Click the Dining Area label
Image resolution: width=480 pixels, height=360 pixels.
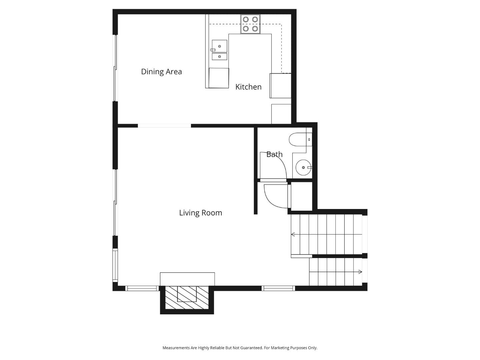161,72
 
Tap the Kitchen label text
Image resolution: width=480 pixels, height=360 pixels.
248,87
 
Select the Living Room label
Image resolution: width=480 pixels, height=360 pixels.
200,213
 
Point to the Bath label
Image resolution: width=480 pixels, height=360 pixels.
274,154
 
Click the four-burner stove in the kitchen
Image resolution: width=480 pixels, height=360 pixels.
250,24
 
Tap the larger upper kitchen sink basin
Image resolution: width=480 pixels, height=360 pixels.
220,46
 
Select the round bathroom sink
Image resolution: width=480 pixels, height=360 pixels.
303,167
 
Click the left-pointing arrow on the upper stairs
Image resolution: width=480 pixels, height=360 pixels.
293,235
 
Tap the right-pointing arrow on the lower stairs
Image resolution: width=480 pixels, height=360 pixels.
360,272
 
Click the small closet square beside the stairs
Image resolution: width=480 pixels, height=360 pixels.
302,196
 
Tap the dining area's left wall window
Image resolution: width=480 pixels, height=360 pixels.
115,68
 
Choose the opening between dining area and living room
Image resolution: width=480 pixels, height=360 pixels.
164,126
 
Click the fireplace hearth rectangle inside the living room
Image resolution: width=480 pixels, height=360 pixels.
187,279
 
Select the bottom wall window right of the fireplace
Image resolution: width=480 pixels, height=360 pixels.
278,288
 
